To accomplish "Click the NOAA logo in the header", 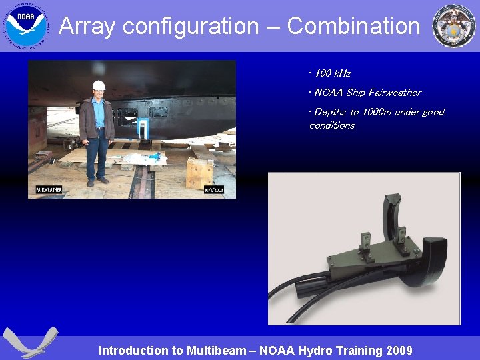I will [27, 26].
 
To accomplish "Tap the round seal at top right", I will [454, 26].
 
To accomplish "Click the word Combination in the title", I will [353, 27].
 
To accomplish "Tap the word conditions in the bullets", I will [332, 125].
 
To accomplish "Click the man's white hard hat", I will [99, 85].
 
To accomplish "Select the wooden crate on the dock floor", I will [199, 173].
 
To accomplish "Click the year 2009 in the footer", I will [399, 351].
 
